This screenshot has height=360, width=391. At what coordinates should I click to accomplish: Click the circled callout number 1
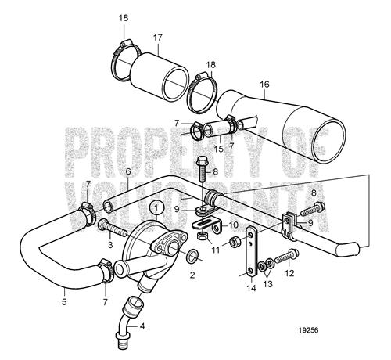coord(156,208)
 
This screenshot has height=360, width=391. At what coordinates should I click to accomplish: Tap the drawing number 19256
coord(308,330)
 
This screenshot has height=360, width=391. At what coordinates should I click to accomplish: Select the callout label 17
coord(157,38)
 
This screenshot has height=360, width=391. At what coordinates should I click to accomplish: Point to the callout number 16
coord(264,85)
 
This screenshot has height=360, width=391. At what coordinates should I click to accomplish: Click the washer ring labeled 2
coord(192,255)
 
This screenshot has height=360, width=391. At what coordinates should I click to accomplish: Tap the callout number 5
coord(64,302)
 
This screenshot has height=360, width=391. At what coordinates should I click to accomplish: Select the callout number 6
coord(127,171)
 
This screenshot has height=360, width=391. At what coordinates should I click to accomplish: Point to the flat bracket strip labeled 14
coord(252,251)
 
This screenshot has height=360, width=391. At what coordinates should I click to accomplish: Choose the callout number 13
coord(268,283)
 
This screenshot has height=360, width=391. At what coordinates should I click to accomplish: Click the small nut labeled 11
coord(234,242)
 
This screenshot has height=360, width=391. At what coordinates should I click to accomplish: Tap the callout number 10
coord(234,225)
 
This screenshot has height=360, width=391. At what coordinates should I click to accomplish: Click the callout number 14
coord(252,288)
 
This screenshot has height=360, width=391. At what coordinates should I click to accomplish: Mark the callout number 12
coord(289,273)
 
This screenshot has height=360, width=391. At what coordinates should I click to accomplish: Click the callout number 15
coord(219,149)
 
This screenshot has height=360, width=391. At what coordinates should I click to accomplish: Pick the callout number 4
coord(142,326)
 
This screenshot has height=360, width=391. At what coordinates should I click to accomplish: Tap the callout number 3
coord(110,244)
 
